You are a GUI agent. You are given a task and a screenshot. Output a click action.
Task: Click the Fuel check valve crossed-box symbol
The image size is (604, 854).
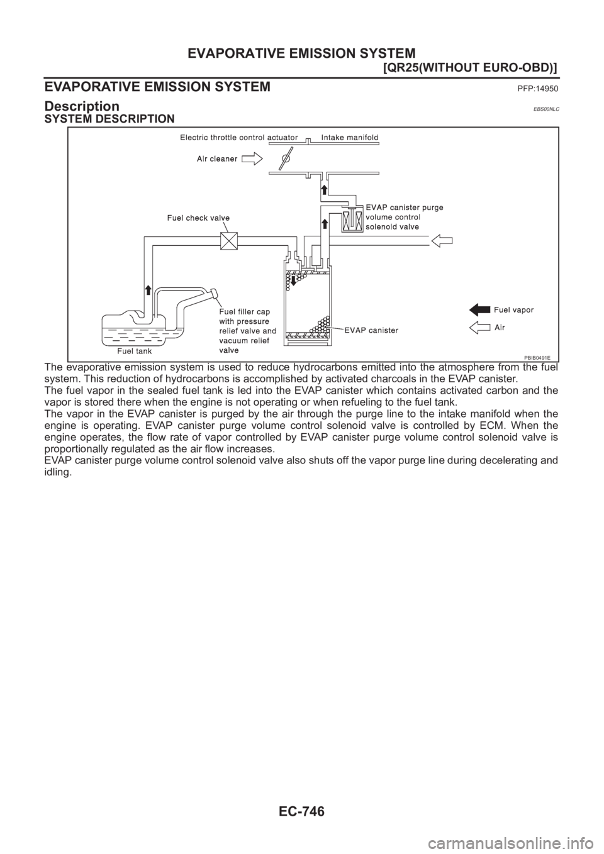[227, 241]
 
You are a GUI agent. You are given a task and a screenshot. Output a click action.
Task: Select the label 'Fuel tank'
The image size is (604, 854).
[136, 350]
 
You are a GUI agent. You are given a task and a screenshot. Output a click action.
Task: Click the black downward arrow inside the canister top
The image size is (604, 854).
[293, 277]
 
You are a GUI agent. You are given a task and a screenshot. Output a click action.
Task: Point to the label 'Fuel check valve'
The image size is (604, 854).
[198, 218]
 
